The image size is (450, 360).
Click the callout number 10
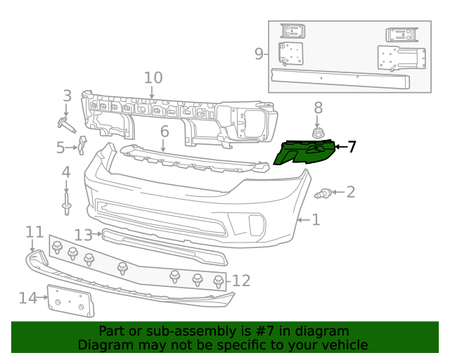(x=153, y=78)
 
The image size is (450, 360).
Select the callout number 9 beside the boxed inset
(x=259, y=54)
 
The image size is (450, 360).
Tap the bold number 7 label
(x=352, y=147)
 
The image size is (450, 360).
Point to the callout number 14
(x=28, y=298)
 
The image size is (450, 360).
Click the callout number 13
(x=83, y=235)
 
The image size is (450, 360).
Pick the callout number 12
(x=241, y=281)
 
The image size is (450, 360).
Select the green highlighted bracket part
(x=304, y=152)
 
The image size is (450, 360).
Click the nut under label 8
(x=318, y=132)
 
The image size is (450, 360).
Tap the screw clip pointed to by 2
(x=323, y=193)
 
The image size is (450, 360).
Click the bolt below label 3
(x=66, y=125)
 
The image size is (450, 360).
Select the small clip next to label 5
(x=82, y=145)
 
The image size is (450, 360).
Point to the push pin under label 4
(x=66, y=203)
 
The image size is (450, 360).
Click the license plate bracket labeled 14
(x=71, y=301)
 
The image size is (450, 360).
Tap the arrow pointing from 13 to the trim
(x=97, y=234)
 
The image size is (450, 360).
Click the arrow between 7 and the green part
(x=341, y=147)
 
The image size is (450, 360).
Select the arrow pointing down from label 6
(x=163, y=146)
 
